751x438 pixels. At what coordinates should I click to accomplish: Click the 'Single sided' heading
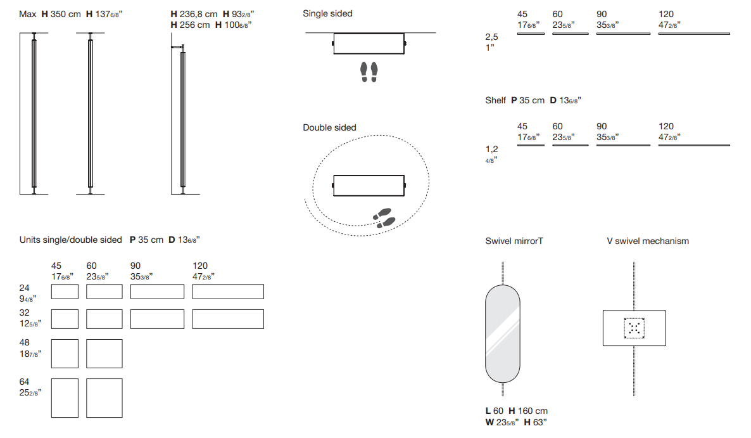(x=327, y=14)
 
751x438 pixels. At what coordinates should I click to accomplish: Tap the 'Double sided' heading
(x=329, y=128)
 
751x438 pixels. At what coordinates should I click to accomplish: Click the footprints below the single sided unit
(x=369, y=72)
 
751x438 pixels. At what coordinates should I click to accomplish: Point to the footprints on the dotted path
(x=384, y=218)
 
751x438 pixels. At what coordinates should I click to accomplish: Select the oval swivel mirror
(x=502, y=334)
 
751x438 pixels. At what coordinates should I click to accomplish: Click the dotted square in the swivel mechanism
(x=634, y=328)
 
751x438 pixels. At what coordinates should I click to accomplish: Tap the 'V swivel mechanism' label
(x=648, y=241)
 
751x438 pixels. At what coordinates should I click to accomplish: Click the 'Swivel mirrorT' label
(x=514, y=241)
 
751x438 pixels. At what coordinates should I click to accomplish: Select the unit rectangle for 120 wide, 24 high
(x=228, y=292)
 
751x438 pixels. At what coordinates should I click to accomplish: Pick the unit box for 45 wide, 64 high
(x=65, y=398)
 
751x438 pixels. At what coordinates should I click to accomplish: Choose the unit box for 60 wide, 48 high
(x=104, y=354)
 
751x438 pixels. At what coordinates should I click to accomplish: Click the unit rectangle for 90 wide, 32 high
(x=157, y=319)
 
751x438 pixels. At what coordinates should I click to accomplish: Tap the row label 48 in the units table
(x=25, y=343)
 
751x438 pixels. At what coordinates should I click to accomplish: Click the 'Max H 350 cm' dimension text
(x=50, y=15)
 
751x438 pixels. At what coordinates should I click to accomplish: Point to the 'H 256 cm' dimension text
(x=190, y=25)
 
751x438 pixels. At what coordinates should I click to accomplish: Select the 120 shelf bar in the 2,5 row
(x=694, y=34)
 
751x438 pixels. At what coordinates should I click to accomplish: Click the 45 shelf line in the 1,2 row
(x=531, y=145)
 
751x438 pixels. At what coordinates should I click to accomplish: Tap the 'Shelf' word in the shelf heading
(x=495, y=100)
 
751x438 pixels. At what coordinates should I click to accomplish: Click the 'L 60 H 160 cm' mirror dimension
(x=516, y=411)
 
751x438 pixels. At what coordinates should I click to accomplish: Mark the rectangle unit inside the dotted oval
(x=369, y=186)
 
